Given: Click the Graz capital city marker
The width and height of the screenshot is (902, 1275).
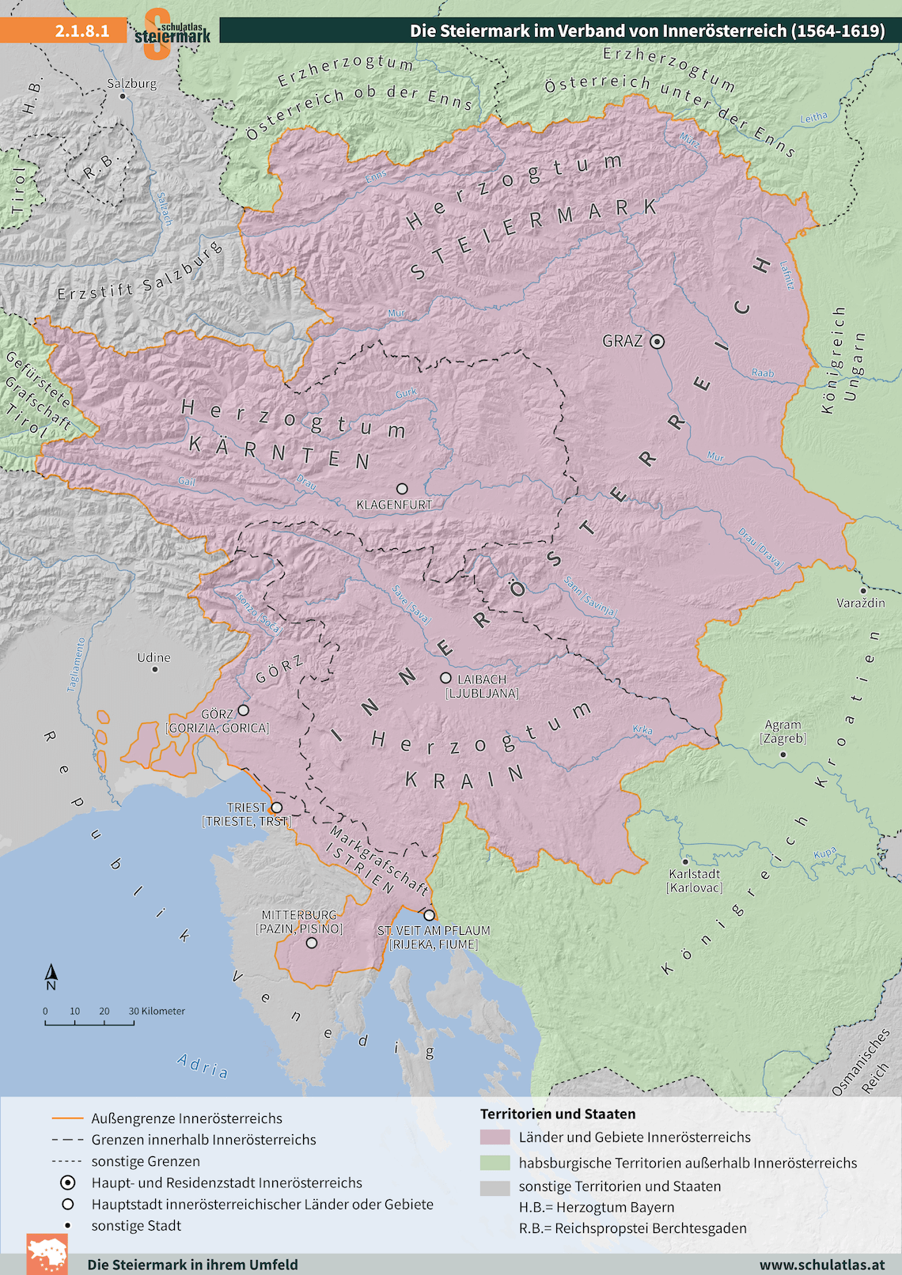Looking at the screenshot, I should click(x=657, y=342).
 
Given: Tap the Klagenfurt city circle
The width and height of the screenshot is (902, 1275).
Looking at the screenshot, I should click(x=402, y=489).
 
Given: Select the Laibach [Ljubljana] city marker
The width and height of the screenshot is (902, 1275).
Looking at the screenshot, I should click(x=445, y=678).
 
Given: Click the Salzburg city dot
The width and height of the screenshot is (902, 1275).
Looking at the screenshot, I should click(x=123, y=96).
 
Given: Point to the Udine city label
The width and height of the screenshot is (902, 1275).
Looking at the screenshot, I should click(x=153, y=657).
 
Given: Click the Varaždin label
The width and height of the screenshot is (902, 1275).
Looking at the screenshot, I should click(x=860, y=603).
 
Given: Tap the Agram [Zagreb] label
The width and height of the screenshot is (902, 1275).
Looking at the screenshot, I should click(x=783, y=732).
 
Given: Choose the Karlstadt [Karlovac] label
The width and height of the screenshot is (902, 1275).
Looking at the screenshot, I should click(x=694, y=880).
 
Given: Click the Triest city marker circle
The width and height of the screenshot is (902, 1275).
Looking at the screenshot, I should click(x=276, y=808).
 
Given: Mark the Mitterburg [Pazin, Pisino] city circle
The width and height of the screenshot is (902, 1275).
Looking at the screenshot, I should click(x=312, y=943).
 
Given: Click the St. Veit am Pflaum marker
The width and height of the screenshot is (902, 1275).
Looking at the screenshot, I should click(x=429, y=915).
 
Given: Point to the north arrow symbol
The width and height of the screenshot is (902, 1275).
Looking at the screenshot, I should click(x=51, y=978).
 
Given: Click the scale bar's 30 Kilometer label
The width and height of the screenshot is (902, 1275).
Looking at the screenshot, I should click(x=157, y=1011).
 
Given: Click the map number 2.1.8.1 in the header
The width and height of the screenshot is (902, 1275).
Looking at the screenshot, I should click(x=81, y=31).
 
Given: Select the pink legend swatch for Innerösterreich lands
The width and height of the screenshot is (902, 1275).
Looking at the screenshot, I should click(x=495, y=1137).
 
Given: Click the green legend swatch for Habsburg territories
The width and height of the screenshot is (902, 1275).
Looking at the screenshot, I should click(x=495, y=1163).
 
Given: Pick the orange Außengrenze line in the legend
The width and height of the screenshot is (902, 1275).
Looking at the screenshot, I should click(x=67, y=1118).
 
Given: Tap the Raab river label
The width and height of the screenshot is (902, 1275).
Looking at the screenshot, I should click(x=763, y=373).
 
